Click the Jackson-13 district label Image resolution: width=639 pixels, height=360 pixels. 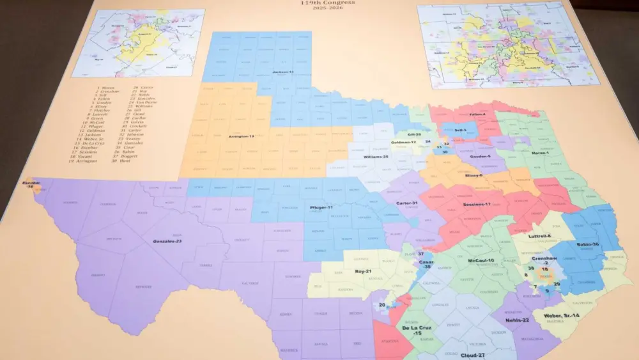282,72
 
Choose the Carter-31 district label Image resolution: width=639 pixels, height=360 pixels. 407,203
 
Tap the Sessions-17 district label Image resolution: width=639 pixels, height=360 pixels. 477,205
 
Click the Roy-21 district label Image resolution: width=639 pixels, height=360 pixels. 364,271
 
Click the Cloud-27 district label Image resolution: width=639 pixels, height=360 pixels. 473,354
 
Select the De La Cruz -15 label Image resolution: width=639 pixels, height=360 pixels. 417,330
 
